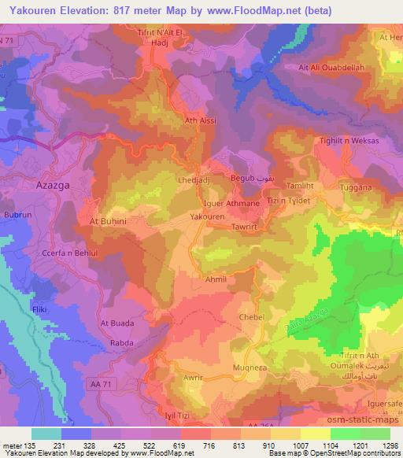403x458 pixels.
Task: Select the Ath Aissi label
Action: coord(201,121)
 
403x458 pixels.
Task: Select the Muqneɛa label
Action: coord(250,368)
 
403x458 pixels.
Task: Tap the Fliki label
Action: coord(39,312)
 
